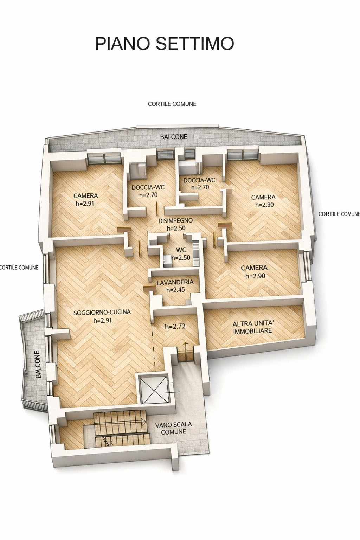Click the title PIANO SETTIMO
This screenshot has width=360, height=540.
click(165, 43)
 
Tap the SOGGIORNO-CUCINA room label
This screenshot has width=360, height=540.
click(102, 312)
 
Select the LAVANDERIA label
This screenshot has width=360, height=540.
click(175, 282)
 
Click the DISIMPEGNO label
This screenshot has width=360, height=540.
click(175, 220)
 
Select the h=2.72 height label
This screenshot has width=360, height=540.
click(175, 327)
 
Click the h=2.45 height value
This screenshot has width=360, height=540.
click(175, 290)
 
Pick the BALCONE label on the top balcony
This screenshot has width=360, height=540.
click(174, 137)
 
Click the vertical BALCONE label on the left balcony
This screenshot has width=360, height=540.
click(38, 364)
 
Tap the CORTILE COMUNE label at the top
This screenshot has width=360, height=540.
click(172, 104)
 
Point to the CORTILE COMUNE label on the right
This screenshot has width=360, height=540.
click(339, 214)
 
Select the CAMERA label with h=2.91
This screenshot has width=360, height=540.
click(85, 195)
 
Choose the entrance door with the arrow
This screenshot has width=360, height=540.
click(186, 355)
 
